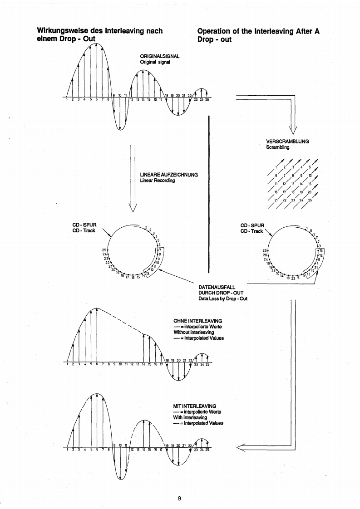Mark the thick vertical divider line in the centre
tap(208, 193)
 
